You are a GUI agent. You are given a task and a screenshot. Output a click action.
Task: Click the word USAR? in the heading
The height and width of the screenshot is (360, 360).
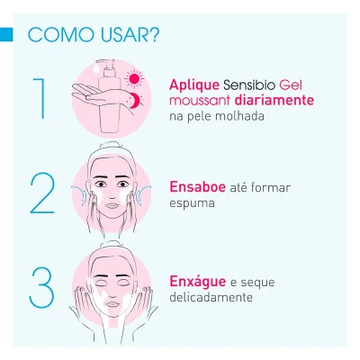tap(130, 35)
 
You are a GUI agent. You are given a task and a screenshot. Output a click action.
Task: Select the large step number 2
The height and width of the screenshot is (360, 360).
tap(42, 193)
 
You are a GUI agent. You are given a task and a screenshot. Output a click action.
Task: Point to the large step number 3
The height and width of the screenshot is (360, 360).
tap(41, 287)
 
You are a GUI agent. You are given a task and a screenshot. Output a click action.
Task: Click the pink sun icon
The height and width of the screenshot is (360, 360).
tap(134, 78)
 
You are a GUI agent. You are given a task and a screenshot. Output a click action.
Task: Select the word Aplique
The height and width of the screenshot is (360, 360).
tap(194, 85)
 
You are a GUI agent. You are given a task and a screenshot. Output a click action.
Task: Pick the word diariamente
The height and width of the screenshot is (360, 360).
tap(274, 100)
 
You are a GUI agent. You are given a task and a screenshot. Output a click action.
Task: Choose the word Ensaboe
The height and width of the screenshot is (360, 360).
tap(197, 187)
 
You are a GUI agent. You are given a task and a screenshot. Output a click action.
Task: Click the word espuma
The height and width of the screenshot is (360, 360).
tap(192, 204)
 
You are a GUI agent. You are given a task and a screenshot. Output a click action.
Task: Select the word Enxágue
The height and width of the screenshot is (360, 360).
tap(198, 281)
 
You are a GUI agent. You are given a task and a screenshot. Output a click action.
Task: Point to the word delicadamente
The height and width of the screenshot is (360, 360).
tap(211, 297)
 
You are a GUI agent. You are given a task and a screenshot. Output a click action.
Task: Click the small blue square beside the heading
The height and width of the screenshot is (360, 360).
tap(6, 34)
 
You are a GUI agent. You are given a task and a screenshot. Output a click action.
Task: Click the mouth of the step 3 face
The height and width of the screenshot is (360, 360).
tap(112, 304)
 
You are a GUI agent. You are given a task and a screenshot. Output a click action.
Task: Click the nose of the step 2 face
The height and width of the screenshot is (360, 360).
tap(112, 195)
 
